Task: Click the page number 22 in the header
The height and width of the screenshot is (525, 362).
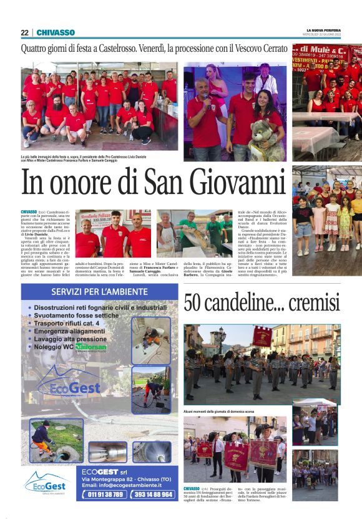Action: [x=24, y=32]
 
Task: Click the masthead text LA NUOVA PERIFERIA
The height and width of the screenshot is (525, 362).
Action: [x=323, y=29]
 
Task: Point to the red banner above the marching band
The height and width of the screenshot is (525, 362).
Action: [x=262, y=337]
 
